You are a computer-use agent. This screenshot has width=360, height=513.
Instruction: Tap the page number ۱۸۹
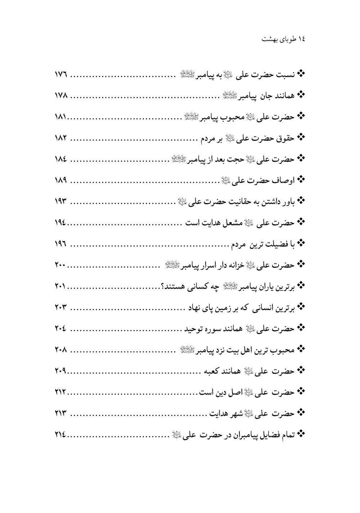pos(61,179)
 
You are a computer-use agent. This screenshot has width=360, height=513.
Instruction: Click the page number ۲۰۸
pos(61,349)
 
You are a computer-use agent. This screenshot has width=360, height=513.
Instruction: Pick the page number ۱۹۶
pos(61,244)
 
